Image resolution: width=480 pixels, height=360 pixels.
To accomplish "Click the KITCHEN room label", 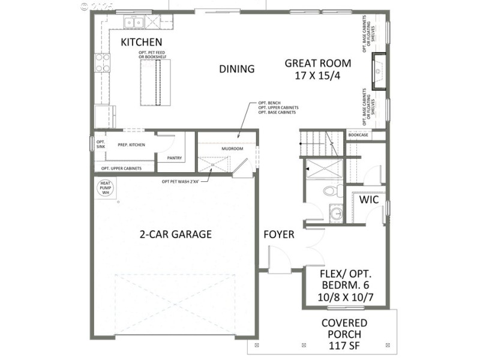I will pos(142,42).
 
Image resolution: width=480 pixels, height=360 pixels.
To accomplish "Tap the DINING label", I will pos(236,69).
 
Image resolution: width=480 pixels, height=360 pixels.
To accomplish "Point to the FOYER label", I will pos(279,235).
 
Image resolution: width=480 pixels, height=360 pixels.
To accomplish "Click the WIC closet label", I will pos(368,200).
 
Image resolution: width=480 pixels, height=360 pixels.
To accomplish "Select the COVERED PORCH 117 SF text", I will pos(344,334).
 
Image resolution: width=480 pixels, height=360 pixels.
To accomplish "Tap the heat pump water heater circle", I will pos(105,188).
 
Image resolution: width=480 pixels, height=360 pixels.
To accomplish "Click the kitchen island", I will pos(155,83).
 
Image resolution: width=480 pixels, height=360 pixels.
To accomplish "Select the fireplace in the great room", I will pos(378,71).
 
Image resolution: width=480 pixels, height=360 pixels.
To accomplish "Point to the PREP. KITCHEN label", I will pos(131,145).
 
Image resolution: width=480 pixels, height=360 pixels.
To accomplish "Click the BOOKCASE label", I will pos(358,136).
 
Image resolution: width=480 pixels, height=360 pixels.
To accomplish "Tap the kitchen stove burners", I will pos(103,62).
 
